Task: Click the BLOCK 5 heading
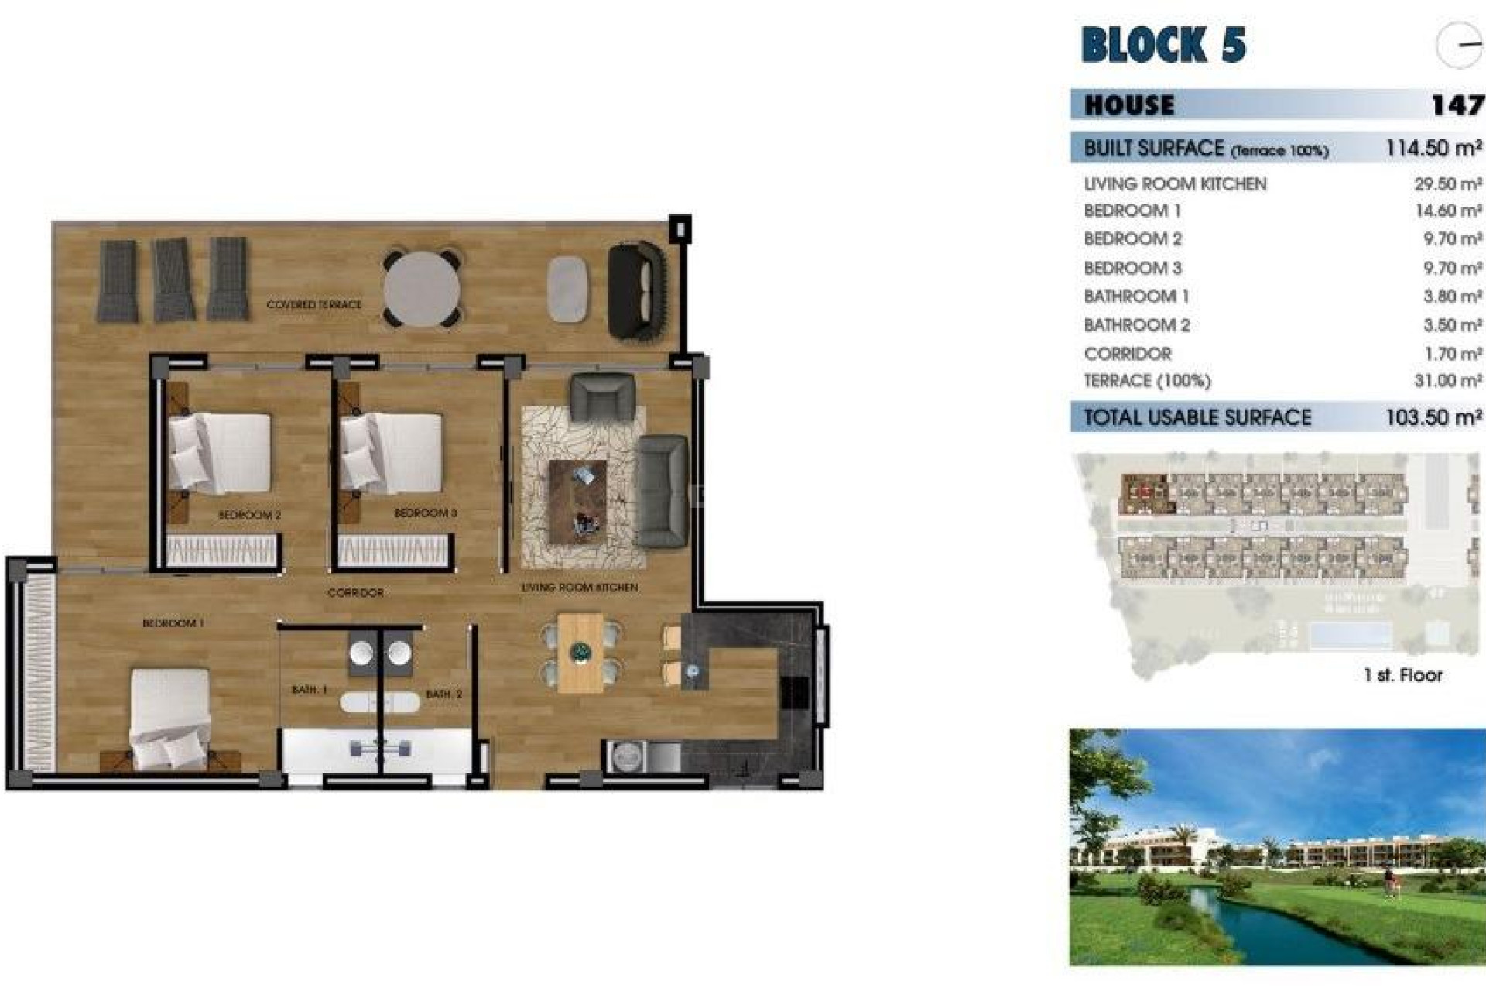click(x=1162, y=44)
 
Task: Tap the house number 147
click(x=1457, y=105)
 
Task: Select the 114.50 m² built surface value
click(x=1433, y=148)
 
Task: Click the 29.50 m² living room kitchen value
click(x=1447, y=184)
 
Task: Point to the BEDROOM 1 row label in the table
click(x=1132, y=211)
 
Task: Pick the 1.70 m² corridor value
click(x=1453, y=354)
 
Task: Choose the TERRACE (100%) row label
click(x=1147, y=381)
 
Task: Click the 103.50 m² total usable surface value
click(x=1433, y=417)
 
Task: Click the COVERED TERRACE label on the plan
click(x=313, y=305)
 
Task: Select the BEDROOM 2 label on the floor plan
click(x=249, y=515)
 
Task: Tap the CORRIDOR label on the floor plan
click(x=355, y=593)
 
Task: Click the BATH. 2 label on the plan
click(x=443, y=694)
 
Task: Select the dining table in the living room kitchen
click(x=580, y=652)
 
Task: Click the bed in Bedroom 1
click(x=170, y=716)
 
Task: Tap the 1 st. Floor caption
click(x=1402, y=675)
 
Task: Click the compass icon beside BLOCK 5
click(x=1458, y=45)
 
